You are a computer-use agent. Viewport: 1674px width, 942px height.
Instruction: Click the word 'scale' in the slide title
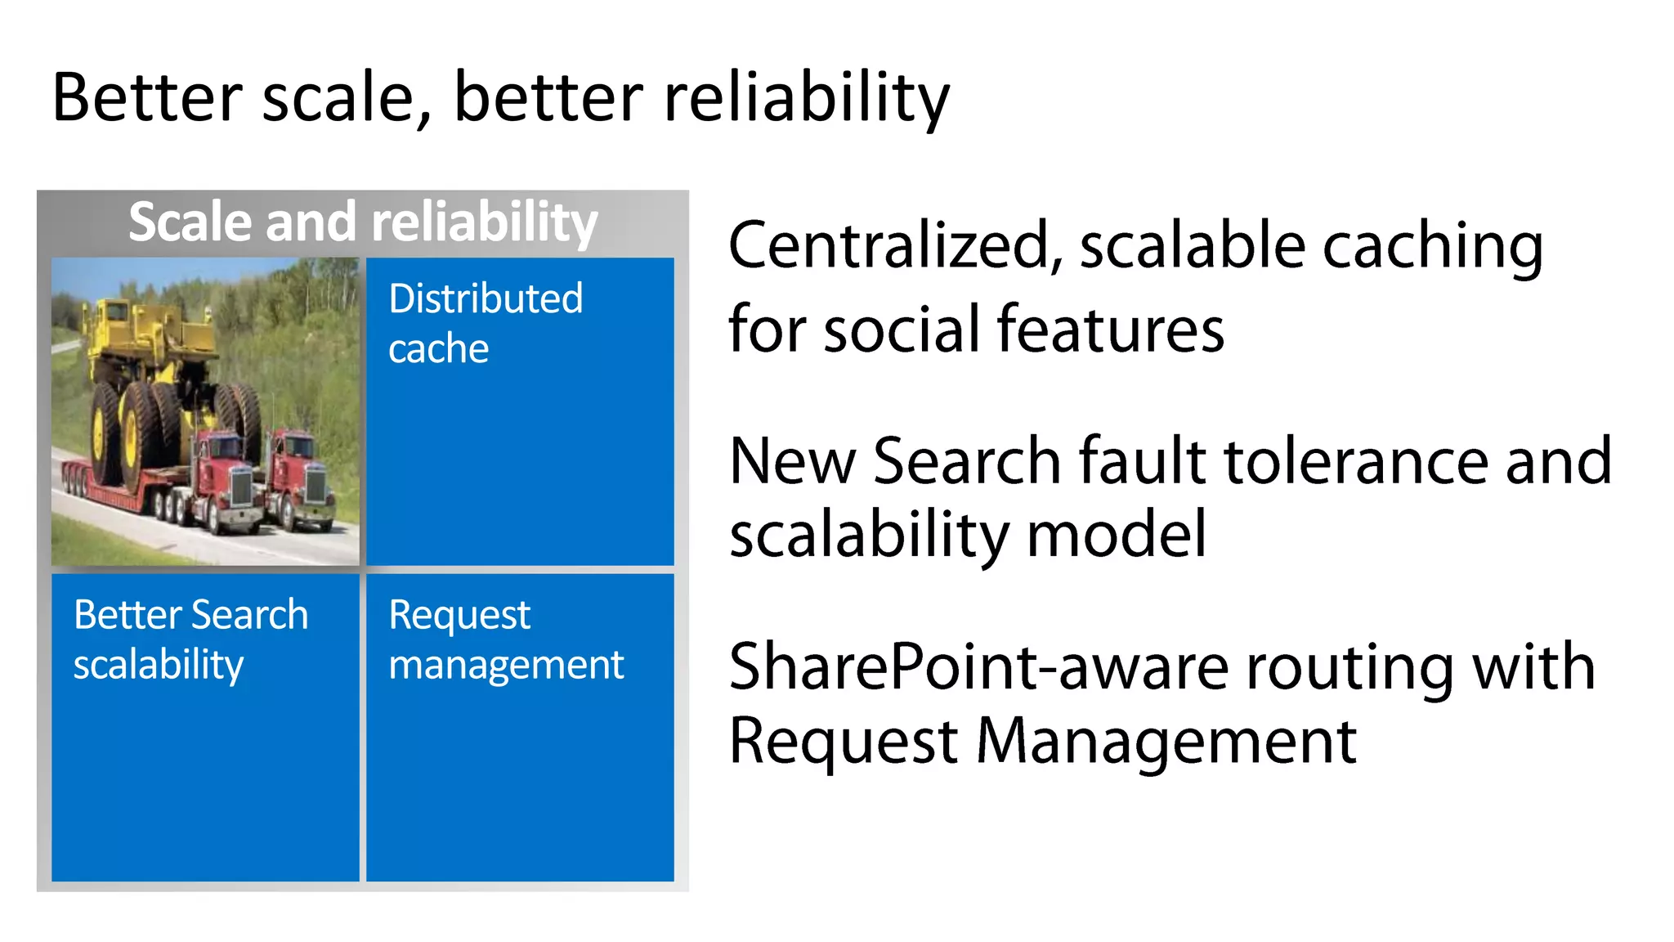click(x=338, y=98)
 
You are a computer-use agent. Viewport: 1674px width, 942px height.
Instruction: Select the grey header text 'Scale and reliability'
click(x=363, y=222)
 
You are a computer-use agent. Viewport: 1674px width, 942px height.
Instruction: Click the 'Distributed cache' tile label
click(x=485, y=323)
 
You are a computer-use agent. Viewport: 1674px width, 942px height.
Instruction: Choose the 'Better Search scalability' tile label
click(x=190, y=639)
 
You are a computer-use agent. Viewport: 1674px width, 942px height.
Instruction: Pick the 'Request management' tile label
click(x=505, y=639)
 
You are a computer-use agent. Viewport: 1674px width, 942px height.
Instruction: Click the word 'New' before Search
click(x=792, y=461)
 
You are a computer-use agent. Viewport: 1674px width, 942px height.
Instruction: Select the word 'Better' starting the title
click(x=147, y=98)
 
